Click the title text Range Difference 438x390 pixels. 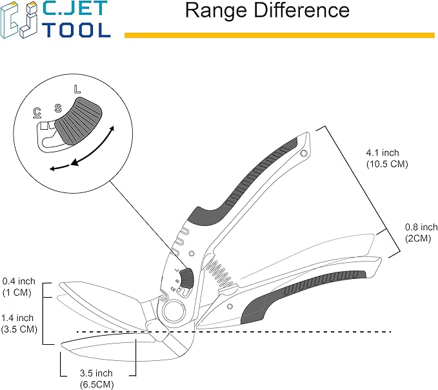(x=267, y=10)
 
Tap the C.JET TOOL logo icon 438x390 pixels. (x=19, y=20)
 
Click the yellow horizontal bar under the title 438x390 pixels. (x=279, y=36)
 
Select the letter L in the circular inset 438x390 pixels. (x=77, y=89)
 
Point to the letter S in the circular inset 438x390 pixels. (x=58, y=108)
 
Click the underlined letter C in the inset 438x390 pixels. (x=37, y=112)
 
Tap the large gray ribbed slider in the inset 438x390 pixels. (x=78, y=121)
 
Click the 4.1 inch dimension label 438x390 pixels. (x=387, y=158)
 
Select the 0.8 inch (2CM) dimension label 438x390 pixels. (x=421, y=232)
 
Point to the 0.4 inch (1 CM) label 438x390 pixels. (x=19, y=287)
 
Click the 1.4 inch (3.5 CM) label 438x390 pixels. (x=19, y=323)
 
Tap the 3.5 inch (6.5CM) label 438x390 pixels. (x=97, y=378)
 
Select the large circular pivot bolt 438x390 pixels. (x=174, y=311)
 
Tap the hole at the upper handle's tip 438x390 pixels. (x=304, y=153)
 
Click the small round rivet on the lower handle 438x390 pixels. (x=230, y=307)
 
